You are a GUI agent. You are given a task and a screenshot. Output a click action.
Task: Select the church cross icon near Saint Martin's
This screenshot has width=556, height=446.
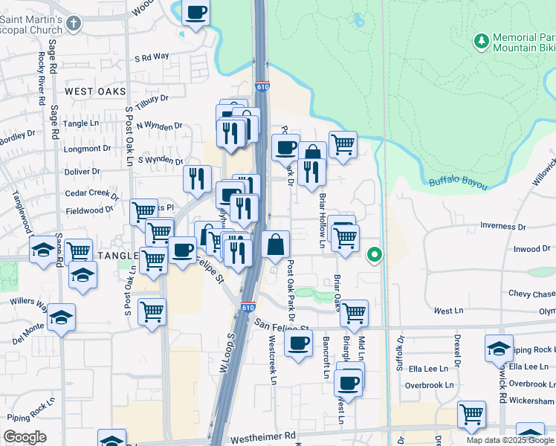[x=72, y=23]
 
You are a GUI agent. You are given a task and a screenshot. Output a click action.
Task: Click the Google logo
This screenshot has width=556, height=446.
[x=25, y=437]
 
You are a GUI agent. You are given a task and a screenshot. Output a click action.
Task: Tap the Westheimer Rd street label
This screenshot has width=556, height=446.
[x=263, y=437]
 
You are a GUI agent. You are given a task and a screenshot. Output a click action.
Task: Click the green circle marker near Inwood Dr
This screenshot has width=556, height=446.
[x=375, y=256]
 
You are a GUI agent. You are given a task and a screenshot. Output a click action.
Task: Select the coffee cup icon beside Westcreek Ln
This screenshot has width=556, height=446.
[x=298, y=343]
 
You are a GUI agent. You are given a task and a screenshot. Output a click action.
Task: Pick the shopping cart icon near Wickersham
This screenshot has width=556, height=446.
[x=471, y=414]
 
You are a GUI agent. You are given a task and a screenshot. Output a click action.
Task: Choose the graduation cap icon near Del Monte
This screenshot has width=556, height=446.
[x=61, y=318]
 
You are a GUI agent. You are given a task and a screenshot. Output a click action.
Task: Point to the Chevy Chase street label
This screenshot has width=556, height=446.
[x=531, y=294]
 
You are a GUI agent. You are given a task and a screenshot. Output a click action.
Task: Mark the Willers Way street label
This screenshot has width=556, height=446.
[x=28, y=303]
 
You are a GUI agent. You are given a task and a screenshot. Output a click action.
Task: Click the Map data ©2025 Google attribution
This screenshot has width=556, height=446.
[x=510, y=440]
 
